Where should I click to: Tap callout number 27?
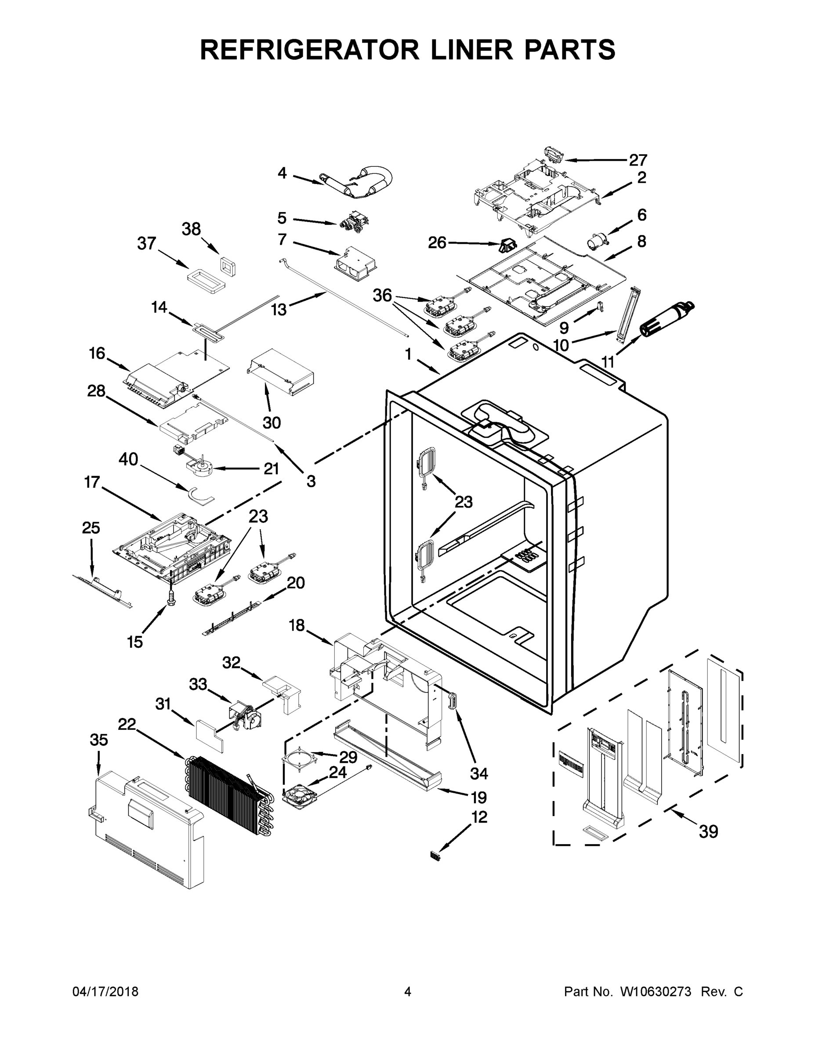pyautogui.click(x=638, y=160)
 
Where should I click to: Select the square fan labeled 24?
pyautogui.click(x=298, y=794)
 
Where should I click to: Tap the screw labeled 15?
pyautogui.click(x=170, y=597)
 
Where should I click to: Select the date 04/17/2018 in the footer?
pyautogui.click(x=105, y=992)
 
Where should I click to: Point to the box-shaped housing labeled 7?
pyautogui.click(x=356, y=265)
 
